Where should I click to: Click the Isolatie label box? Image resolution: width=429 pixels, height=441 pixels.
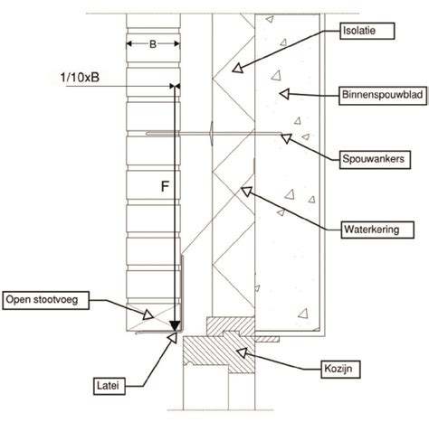point(367,31)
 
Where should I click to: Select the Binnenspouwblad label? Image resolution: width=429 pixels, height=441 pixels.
point(383,96)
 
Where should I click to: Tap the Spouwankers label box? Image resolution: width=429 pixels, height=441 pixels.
point(375,159)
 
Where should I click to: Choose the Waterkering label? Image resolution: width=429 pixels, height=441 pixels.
point(377,230)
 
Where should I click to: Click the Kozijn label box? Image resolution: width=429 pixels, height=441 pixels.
point(340,369)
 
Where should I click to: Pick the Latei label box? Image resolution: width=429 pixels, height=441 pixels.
point(109,386)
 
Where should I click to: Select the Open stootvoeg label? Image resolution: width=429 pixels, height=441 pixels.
point(45,300)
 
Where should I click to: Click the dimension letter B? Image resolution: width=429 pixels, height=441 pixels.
point(153,44)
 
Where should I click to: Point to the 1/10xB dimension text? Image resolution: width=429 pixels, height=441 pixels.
point(80,78)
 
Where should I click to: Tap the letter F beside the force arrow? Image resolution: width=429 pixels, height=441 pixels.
point(165,186)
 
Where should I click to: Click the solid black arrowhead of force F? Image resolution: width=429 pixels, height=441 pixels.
point(175,326)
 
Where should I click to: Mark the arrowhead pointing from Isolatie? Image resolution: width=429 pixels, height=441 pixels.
point(238,68)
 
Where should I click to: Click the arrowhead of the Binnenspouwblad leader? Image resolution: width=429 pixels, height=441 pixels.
point(284,94)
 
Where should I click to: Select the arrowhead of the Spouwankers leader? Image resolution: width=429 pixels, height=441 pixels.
point(286,138)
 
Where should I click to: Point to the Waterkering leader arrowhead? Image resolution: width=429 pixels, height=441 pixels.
point(246,191)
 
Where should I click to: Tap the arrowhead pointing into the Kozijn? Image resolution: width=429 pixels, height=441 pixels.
point(242,352)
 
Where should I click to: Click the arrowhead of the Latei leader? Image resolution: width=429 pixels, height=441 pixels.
point(173,337)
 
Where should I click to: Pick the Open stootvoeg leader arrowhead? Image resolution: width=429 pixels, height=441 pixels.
point(148,314)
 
